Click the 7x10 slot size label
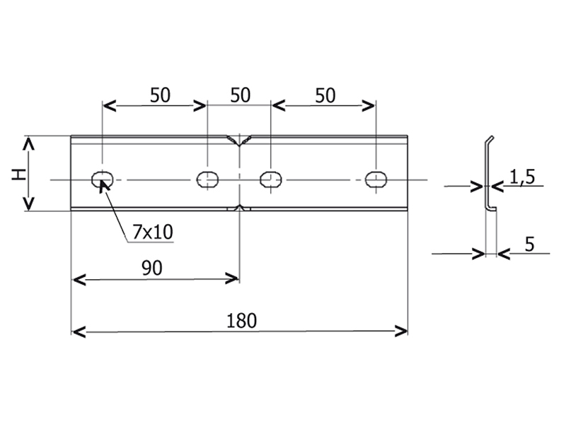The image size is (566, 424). (x=153, y=232)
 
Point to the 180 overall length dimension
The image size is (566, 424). (x=241, y=321)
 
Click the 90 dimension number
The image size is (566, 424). (x=152, y=268)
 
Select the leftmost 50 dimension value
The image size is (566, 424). (x=160, y=95)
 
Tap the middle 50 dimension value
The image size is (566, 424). (x=240, y=95)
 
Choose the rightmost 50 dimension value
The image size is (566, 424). (x=325, y=95)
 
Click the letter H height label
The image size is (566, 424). (x=19, y=175)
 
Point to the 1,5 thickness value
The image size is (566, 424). (x=522, y=177)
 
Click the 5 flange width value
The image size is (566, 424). (x=529, y=245)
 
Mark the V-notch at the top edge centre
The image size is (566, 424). (x=239, y=141)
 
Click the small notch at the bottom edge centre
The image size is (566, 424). (x=238, y=208)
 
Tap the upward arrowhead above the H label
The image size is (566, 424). (x=28, y=144)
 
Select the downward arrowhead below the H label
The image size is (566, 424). (x=28, y=204)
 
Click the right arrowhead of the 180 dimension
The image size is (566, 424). (x=402, y=331)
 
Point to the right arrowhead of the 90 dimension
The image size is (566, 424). (x=232, y=278)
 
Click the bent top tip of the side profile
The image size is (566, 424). (x=492, y=137)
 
